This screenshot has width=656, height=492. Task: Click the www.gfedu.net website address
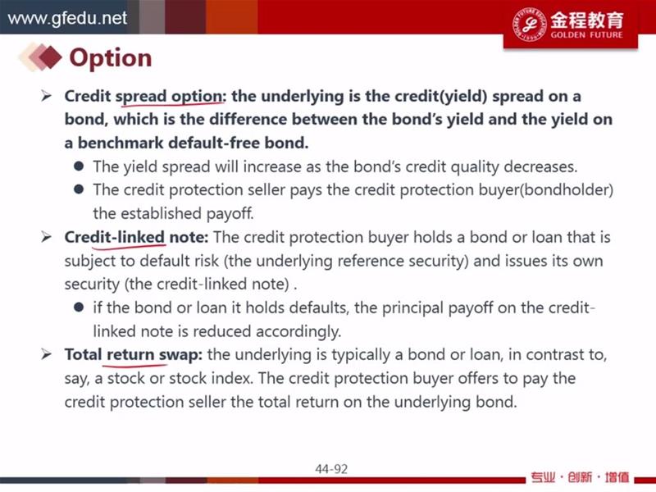coord(67,18)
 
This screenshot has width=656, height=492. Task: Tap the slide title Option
coord(111,58)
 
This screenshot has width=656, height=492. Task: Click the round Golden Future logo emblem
coord(529,25)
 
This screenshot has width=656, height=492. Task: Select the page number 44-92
coord(331,469)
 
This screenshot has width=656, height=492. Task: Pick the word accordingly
coord(298,332)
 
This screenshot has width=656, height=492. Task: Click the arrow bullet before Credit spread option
coord(46,96)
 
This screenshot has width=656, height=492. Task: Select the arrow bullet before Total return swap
coord(46,355)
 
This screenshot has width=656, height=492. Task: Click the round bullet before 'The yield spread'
coord(79,166)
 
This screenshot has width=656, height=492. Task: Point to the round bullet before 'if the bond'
coord(79,307)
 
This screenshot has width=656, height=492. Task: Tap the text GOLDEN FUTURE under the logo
coord(586,34)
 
